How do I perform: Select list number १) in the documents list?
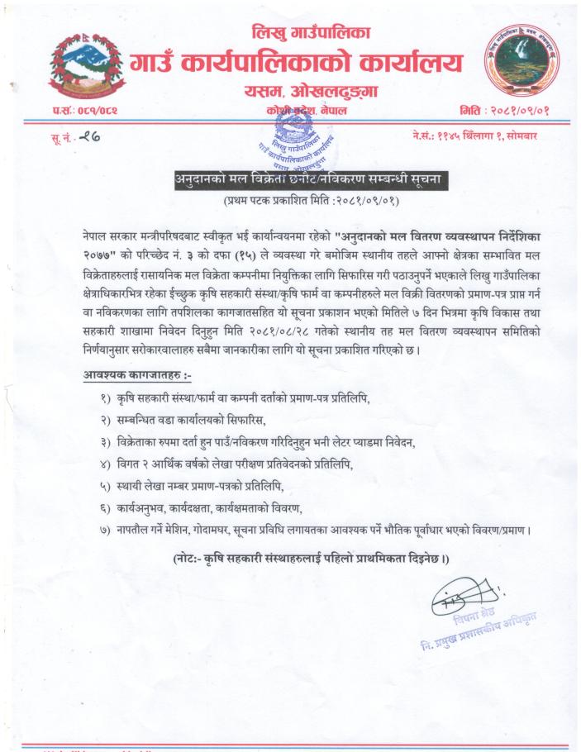pyautogui.click(x=105, y=399)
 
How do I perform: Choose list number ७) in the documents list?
pyautogui.click(x=105, y=529)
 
